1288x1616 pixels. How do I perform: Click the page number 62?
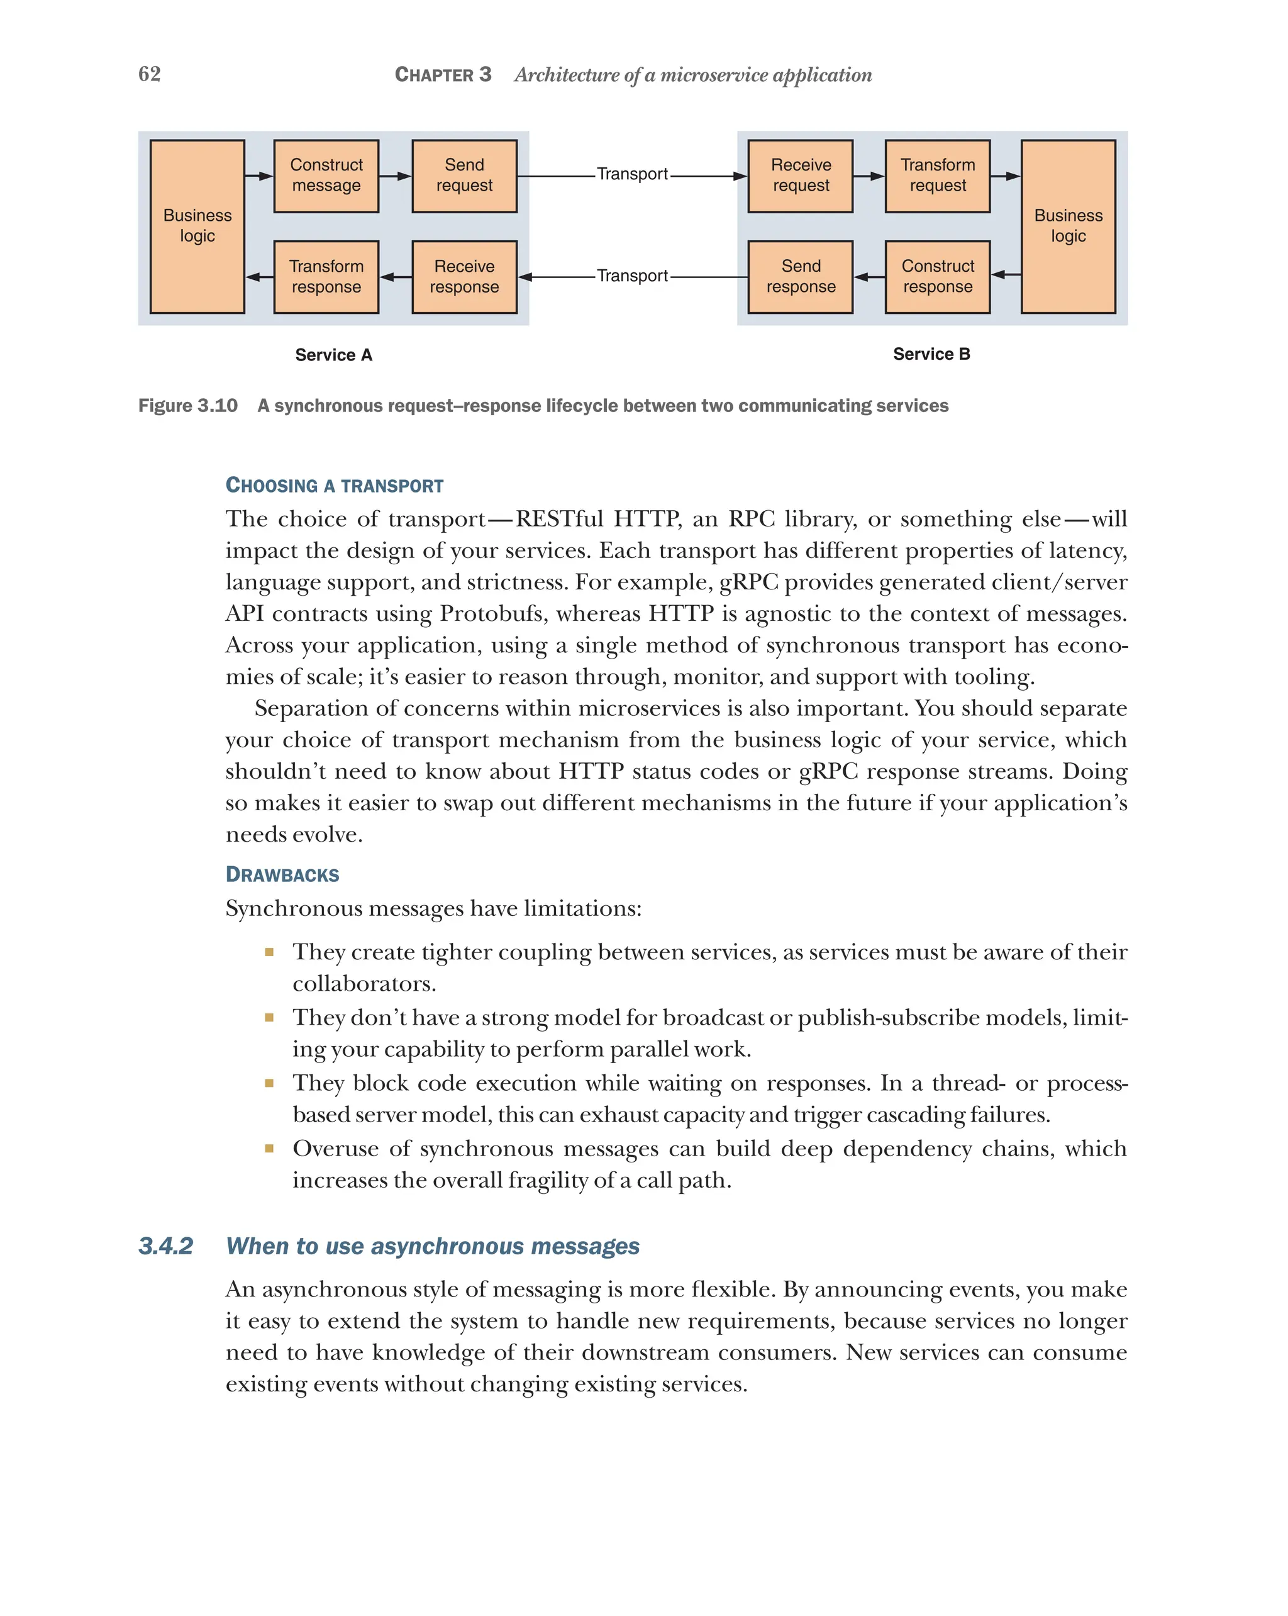tap(149, 74)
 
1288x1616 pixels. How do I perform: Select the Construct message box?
tap(326, 176)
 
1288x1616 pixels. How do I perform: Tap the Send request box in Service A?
tap(464, 176)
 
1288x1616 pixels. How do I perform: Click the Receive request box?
tap(800, 176)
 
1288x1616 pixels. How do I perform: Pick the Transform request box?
tap(936, 176)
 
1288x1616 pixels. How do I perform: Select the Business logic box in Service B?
tap(1067, 226)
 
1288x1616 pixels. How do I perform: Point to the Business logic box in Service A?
tap(197, 226)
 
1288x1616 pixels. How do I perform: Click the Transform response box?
tap(326, 277)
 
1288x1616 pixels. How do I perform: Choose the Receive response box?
tap(464, 277)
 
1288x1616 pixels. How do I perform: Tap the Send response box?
tap(800, 277)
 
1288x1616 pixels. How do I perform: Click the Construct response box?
tap(936, 277)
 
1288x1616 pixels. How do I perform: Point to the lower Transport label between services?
tap(631, 276)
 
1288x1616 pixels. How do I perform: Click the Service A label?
tap(333, 355)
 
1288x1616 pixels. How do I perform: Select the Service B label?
tap(931, 355)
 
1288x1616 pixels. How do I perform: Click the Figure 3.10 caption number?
tap(187, 406)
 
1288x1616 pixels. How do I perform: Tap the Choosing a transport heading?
tap(334, 486)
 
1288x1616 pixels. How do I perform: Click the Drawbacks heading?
tap(282, 875)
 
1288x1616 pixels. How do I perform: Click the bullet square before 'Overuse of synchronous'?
tap(269, 1148)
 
